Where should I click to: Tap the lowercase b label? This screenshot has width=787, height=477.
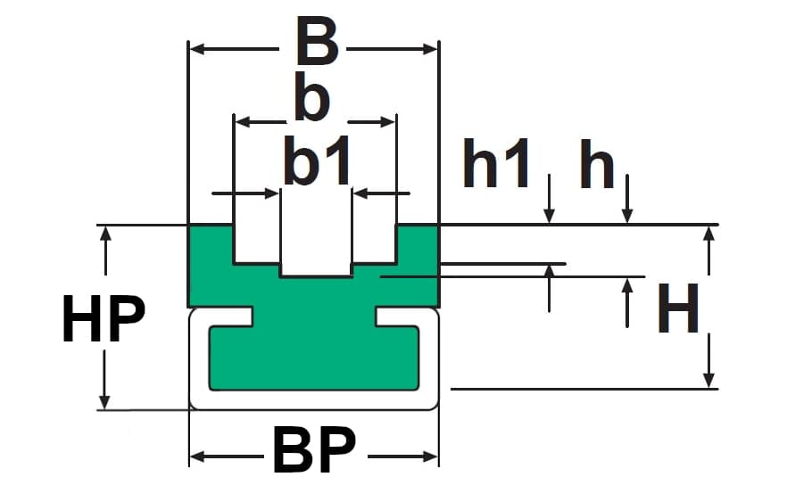[311, 101]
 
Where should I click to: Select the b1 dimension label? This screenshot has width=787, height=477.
[316, 162]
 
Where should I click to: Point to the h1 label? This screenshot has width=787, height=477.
[497, 166]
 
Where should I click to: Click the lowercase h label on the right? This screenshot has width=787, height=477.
[597, 166]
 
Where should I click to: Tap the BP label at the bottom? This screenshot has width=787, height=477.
[314, 451]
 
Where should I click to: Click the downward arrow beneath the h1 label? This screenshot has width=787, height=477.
[549, 214]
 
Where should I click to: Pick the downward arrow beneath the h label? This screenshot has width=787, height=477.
[628, 214]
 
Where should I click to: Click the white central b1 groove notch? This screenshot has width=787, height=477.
[316, 250]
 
